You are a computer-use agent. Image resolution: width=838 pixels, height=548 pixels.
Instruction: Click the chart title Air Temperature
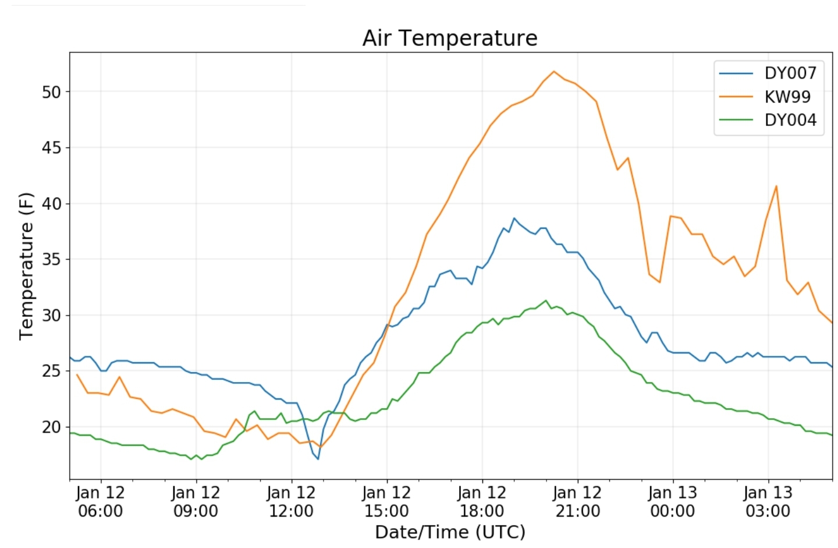tap(450, 38)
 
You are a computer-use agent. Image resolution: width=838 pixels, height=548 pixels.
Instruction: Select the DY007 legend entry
tap(790, 73)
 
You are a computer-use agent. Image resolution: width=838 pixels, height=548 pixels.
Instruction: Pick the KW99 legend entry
tap(787, 97)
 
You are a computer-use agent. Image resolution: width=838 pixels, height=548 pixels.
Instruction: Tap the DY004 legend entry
tap(790, 120)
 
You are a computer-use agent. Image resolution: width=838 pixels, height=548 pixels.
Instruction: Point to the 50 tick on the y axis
tap(51, 92)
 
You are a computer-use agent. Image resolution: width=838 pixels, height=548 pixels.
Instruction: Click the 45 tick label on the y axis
tap(51, 148)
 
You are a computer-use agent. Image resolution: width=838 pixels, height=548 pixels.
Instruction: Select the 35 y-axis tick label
tap(51, 259)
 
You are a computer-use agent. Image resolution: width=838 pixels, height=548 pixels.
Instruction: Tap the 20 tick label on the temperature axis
tap(51, 427)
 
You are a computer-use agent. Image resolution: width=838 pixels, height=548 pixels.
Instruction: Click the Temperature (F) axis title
tap(26, 266)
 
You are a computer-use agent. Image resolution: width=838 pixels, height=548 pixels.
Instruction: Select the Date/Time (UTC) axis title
tap(450, 532)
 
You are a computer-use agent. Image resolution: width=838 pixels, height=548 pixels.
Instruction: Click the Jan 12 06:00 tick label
tap(100, 502)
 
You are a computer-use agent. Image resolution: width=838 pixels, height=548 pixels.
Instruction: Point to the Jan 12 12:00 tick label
tap(291, 502)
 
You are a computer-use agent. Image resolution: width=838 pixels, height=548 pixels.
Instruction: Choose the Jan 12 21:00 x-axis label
tap(577, 502)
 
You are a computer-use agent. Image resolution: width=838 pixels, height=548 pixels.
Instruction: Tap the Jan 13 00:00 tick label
tap(672, 502)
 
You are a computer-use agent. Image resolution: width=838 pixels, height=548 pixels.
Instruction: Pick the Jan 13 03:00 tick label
tap(768, 502)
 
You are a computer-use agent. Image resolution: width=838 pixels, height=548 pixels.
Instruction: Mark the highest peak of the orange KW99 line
tap(553, 72)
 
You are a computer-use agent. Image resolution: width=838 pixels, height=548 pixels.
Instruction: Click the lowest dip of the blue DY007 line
tap(318, 459)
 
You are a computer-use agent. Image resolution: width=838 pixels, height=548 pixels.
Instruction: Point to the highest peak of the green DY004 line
tap(545, 300)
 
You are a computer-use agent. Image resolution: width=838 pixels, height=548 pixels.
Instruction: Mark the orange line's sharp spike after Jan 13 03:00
tap(776, 186)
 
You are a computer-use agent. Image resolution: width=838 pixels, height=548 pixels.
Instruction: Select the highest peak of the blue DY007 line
tap(514, 218)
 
